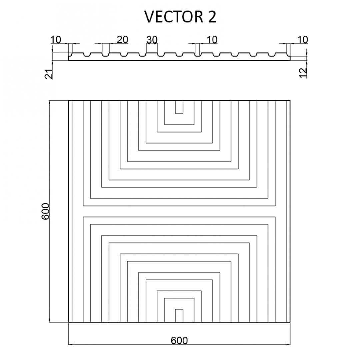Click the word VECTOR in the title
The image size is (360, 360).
pyautogui.click(x=174, y=17)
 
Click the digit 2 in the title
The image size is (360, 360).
pyautogui.click(x=212, y=17)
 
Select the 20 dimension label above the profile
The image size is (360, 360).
pyautogui.click(x=122, y=40)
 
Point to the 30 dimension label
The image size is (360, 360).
pyautogui.click(x=152, y=40)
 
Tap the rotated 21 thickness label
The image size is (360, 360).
pyautogui.click(x=49, y=74)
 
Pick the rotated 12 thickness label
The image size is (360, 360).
pyautogui.click(x=304, y=73)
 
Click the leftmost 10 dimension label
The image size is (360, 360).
pyautogui.click(x=56, y=40)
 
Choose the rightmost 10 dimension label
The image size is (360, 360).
pyautogui.click(x=302, y=39)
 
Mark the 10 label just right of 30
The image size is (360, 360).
pyautogui.click(x=212, y=40)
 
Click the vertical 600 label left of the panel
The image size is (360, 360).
pyautogui.click(x=45, y=211)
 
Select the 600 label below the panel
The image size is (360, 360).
pyautogui.click(x=179, y=340)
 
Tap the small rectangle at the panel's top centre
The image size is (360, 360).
pyautogui.click(x=179, y=107)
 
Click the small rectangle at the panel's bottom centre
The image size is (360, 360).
pyautogui.click(x=179, y=316)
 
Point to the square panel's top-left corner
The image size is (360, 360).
pyautogui.click(x=68, y=101)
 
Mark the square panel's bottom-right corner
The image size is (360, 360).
pyautogui.click(x=290, y=322)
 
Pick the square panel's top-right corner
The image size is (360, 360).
pyautogui.click(x=290, y=101)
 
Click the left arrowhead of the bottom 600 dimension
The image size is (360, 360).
pyautogui.click(x=71, y=344)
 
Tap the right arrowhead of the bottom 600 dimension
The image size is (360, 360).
pyautogui.click(x=288, y=344)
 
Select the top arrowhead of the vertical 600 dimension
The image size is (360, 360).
pyautogui.click(x=49, y=103)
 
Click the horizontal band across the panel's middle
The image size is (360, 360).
pyautogui.click(x=179, y=211)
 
